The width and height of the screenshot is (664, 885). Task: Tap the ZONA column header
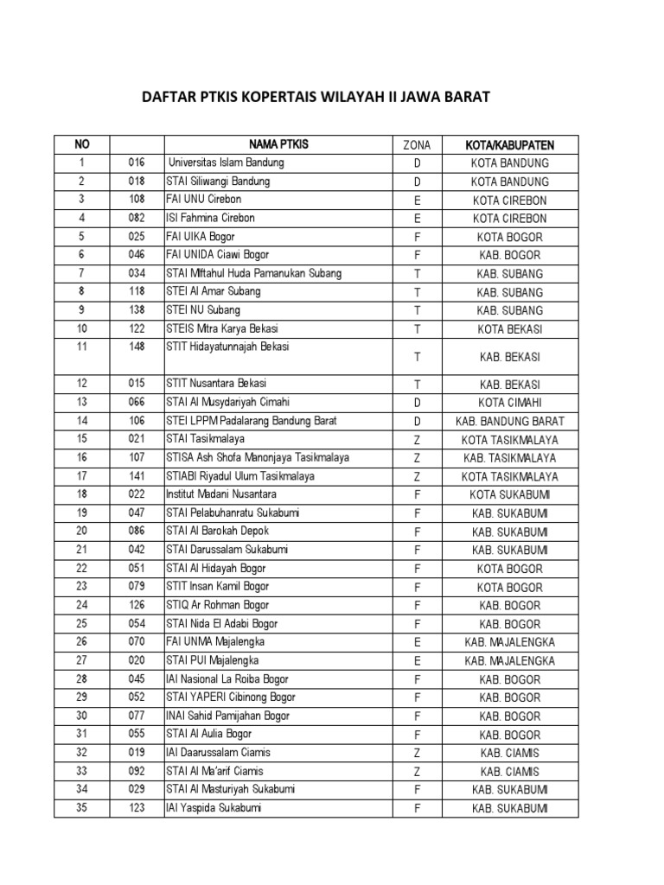417,144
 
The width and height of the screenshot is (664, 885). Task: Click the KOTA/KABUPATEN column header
509,144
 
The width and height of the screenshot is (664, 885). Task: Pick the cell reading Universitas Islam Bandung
227,162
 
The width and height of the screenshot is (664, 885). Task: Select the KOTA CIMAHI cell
509,403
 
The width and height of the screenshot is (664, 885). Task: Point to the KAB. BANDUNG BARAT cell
509,421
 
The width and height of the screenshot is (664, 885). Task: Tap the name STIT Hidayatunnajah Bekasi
228,347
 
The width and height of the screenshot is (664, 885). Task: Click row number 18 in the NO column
81,494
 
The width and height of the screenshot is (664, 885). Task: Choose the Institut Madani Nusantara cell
221,494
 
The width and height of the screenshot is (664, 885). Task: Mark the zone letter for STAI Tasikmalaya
417,439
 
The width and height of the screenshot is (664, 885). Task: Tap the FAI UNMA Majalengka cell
216,642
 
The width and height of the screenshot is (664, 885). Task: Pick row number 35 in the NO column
81,808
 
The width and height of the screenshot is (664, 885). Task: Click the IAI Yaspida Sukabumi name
214,808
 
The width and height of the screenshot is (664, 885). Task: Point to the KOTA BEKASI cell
509,329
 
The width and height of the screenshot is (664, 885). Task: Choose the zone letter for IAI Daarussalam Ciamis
417,753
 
